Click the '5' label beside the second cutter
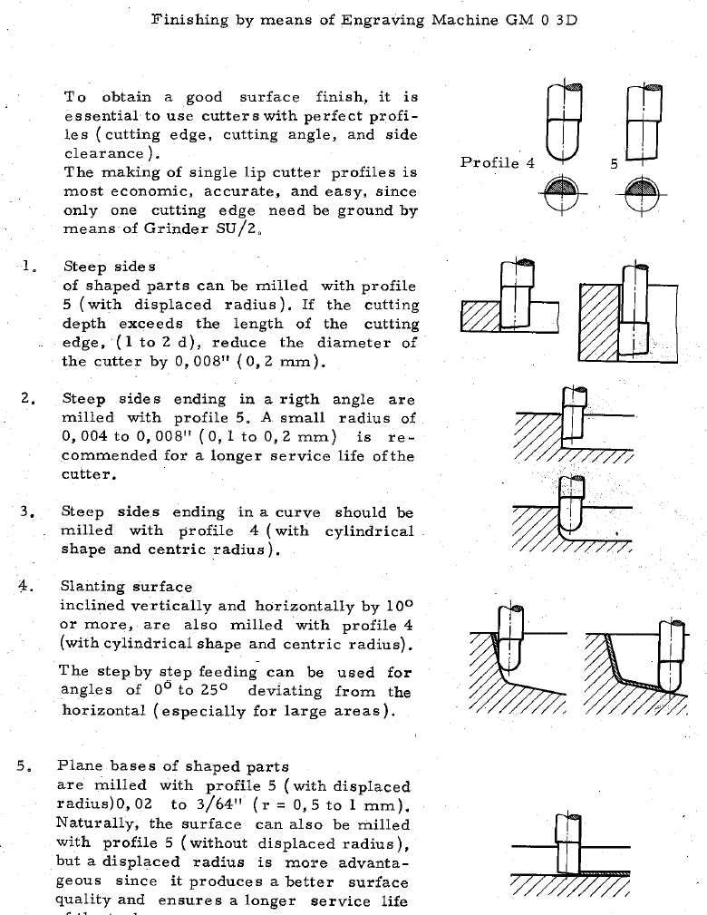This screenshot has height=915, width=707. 614,164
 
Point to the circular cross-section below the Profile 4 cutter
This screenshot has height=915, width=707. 563,192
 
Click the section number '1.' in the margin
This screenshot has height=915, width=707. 30,267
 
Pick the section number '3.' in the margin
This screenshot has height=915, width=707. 27,512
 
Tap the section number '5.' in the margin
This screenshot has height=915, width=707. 24,766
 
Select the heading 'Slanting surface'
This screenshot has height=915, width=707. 126,587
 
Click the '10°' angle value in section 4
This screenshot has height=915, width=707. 396,605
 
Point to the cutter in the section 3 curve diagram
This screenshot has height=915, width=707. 571,504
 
